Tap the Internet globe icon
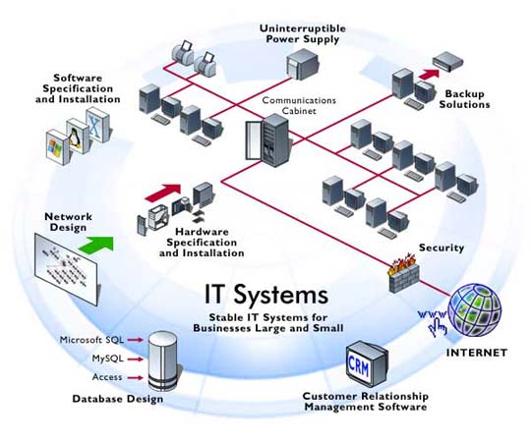click(474, 309)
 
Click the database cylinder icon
click(162, 361)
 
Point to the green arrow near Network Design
click(96, 244)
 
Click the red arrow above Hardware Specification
click(163, 193)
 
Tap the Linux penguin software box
click(79, 136)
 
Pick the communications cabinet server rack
click(267, 140)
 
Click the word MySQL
click(108, 359)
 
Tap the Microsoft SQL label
click(91, 340)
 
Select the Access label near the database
click(107, 377)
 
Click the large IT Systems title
click(266, 295)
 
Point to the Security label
click(442, 248)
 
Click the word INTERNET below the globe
click(477, 353)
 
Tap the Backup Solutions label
click(464, 99)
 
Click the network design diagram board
click(66, 268)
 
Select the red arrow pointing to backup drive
click(429, 74)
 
